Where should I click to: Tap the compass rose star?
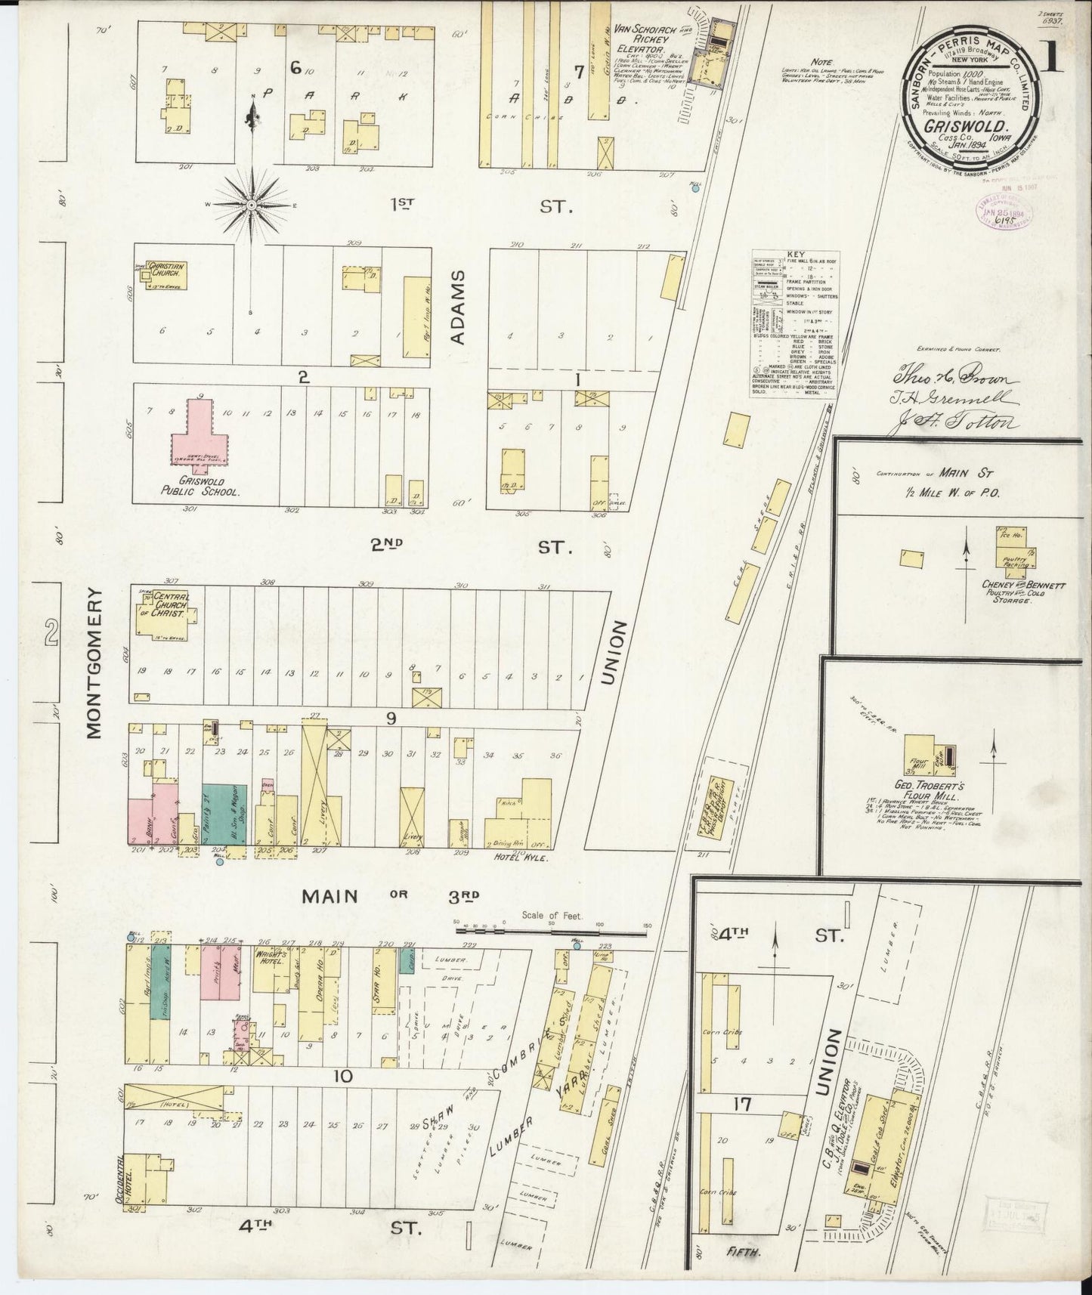[252, 204]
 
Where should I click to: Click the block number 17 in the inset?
[742, 1105]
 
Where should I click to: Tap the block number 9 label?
[391, 718]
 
